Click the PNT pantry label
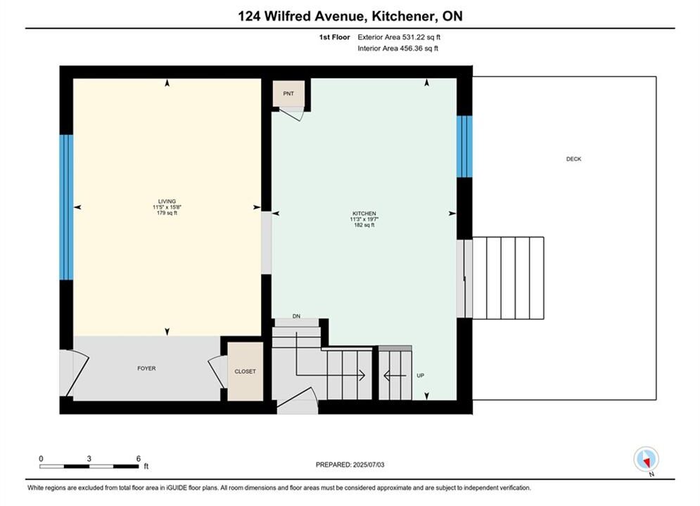[x=288, y=93]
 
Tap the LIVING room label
[x=167, y=201]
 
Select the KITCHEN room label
[x=364, y=214]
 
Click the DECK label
[x=573, y=159]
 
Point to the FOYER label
[x=146, y=368]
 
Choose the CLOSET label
[x=245, y=371]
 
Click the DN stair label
[x=296, y=316]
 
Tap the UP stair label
[x=420, y=375]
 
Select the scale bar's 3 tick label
[x=89, y=458]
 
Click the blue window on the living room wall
[x=66, y=207]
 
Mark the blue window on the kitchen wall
[x=464, y=147]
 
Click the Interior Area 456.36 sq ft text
[x=397, y=48]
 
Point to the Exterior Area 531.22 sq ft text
[x=399, y=37]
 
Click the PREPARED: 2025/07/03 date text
[x=350, y=465]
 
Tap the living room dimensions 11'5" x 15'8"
[x=167, y=207]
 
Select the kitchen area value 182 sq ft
[x=364, y=225]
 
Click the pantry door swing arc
[x=295, y=115]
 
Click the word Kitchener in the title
[x=404, y=16]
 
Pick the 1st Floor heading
[x=334, y=37]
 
